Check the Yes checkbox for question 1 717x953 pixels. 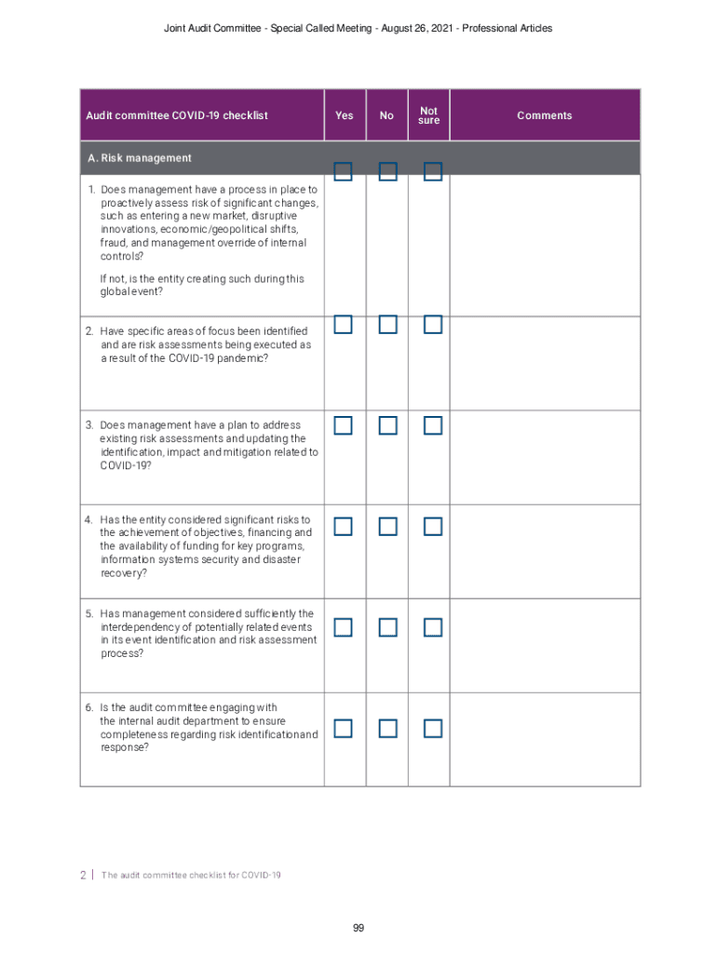(x=344, y=171)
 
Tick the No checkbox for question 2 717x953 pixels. (x=388, y=325)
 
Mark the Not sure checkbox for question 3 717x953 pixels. (x=432, y=425)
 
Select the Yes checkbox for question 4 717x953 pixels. (x=344, y=527)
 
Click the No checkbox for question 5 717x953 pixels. (x=388, y=627)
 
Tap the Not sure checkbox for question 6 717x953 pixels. (x=432, y=728)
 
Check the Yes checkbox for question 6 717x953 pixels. (x=344, y=728)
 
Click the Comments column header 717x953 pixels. (x=545, y=115)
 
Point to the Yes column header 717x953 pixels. (x=345, y=115)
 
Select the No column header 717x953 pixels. (x=387, y=115)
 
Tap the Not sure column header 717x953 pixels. (x=429, y=115)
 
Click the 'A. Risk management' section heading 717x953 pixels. (x=140, y=158)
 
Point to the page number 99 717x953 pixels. (x=358, y=928)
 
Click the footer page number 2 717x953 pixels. (x=83, y=875)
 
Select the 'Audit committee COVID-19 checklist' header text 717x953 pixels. (x=177, y=115)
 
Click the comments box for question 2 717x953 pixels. (x=545, y=363)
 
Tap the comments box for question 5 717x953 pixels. (x=545, y=645)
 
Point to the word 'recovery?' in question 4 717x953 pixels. (x=123, y=573)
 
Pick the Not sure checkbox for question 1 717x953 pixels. (x=432, y=171)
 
